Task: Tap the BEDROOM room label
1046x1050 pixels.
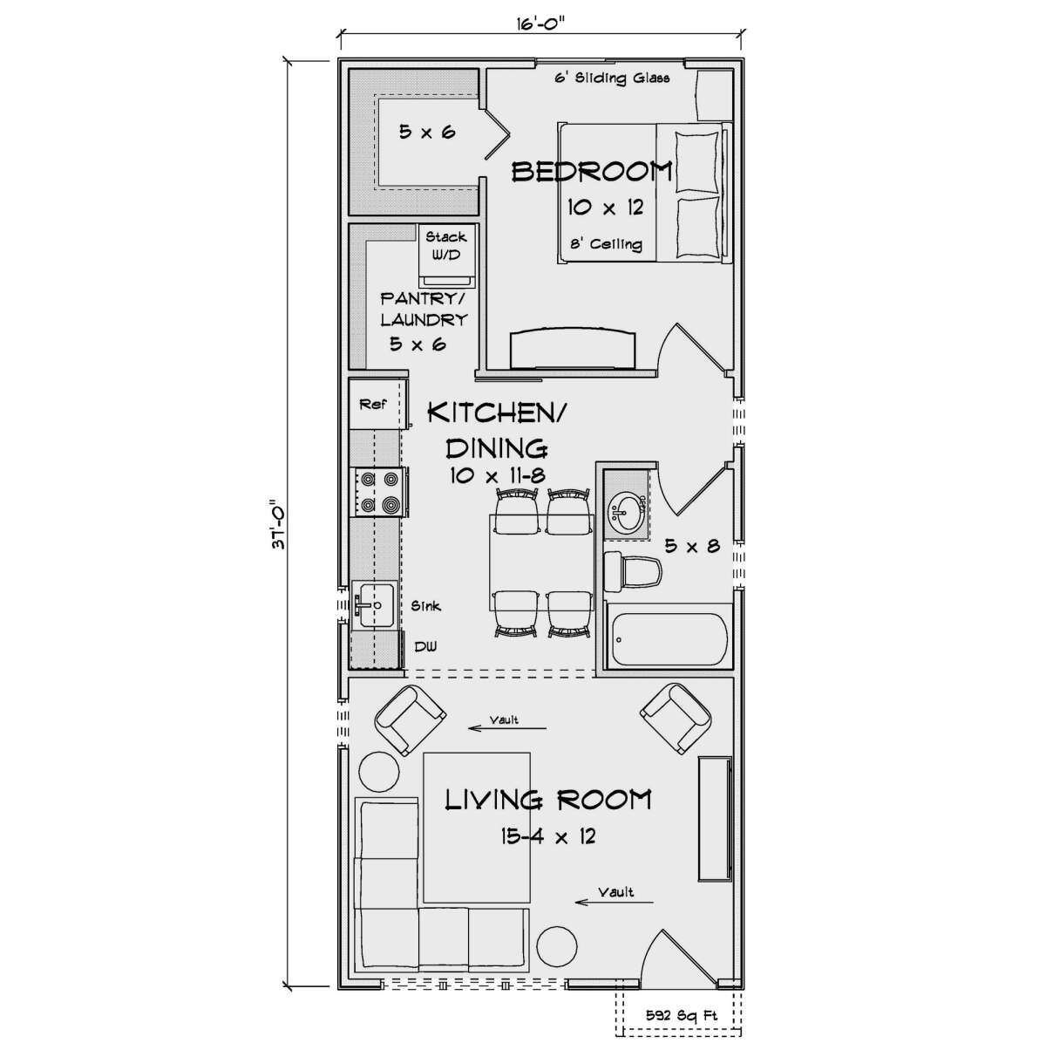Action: (592, 172)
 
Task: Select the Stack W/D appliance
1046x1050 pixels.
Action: (446, 255)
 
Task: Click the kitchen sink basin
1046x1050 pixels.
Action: (374, 604)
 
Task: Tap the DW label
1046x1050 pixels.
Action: (425, 646)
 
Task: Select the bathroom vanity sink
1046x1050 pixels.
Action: (627, 513)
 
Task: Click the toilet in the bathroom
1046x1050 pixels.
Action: (633, 571)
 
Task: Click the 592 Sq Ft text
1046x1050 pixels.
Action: (682, 1015)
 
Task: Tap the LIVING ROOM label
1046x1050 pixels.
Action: (548, 800)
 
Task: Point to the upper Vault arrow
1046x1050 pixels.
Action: (507, 727)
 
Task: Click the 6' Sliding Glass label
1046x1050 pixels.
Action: (612, 78)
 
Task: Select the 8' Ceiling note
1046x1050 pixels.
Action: (607, 243)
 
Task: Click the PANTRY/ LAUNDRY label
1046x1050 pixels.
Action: (424, 309)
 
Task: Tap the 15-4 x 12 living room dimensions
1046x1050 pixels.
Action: (548, 835)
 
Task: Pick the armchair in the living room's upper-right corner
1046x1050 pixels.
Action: (676, 719)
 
